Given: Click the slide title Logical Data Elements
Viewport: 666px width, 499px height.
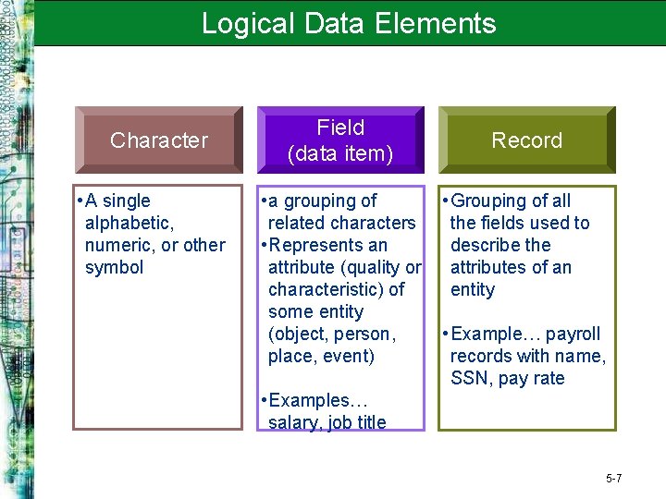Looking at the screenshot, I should pyautogui.click(x=349, y=23).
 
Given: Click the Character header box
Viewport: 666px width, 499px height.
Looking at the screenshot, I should pyautogui.click(x=158, y=140).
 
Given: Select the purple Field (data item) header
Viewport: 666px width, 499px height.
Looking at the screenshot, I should pyautogui.click(x=339, y=140).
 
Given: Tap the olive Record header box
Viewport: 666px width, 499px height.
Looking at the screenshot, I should pyautogui.click(x=526, y=140).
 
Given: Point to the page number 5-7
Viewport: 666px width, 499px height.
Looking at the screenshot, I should pyautogui.click(x=613, y=479).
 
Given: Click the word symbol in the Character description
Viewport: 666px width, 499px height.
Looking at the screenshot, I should pyautogui.click(x=114, y=268).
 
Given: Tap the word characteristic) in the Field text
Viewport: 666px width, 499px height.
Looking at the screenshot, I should pyautogui.click(x=328, y=290).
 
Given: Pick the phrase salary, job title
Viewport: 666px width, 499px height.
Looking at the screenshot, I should pyautogui.click(x=327, y=423).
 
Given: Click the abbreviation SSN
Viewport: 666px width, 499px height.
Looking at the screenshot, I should pyautogui.click(x=472, y=379).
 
